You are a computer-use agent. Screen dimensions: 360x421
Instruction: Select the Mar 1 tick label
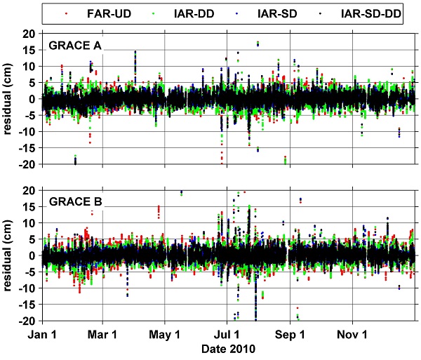coord(103,335)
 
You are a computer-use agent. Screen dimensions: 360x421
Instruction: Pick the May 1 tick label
coord(166,335)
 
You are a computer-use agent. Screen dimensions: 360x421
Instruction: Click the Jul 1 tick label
coord(227,335)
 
